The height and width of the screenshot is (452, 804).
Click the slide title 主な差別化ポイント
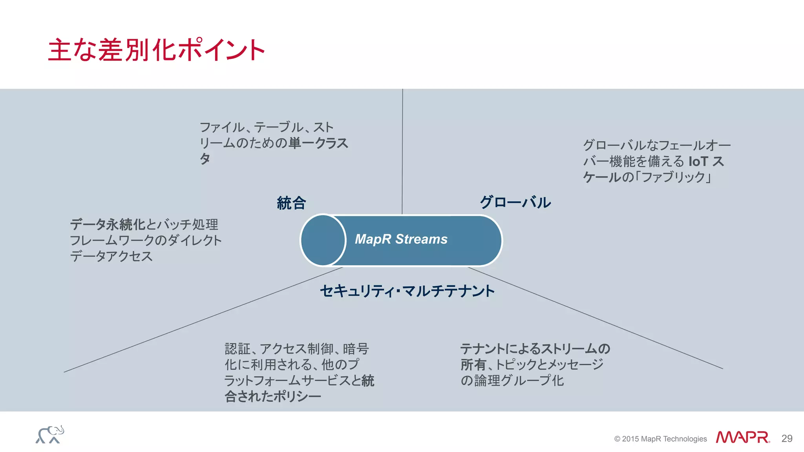click(x=156, y=50)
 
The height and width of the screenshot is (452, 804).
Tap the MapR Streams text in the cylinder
click(x=401, y=239)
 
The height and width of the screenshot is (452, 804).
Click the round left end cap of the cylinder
click(x=323, y=240)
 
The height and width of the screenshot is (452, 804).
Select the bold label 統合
click(x=291, y=203)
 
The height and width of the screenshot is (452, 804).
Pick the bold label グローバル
click(x=515, y=202)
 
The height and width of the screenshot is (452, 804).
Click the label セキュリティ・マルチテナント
click(x=407, y=291)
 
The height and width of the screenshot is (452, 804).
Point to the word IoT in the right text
click(x=698, y=161)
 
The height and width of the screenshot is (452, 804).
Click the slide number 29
click(x=787, y=438)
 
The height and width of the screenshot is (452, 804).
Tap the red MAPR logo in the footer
click(x=742, y=437)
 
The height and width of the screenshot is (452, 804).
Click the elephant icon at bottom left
click(x=50, y=435)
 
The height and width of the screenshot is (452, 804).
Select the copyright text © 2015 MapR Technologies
click(x=660, y=439)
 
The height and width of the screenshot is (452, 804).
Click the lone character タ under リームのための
click(x=205, y=159)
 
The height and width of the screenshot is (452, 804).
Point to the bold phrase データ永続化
click(x=108, y=224)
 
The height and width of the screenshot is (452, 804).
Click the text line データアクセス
click(x=111, y=256)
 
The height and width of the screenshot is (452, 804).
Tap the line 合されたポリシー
click(x=273, y=396)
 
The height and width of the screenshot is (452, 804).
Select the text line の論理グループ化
click(x=512, y=380)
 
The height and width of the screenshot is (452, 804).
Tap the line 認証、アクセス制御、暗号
click(x=296, y=348)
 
